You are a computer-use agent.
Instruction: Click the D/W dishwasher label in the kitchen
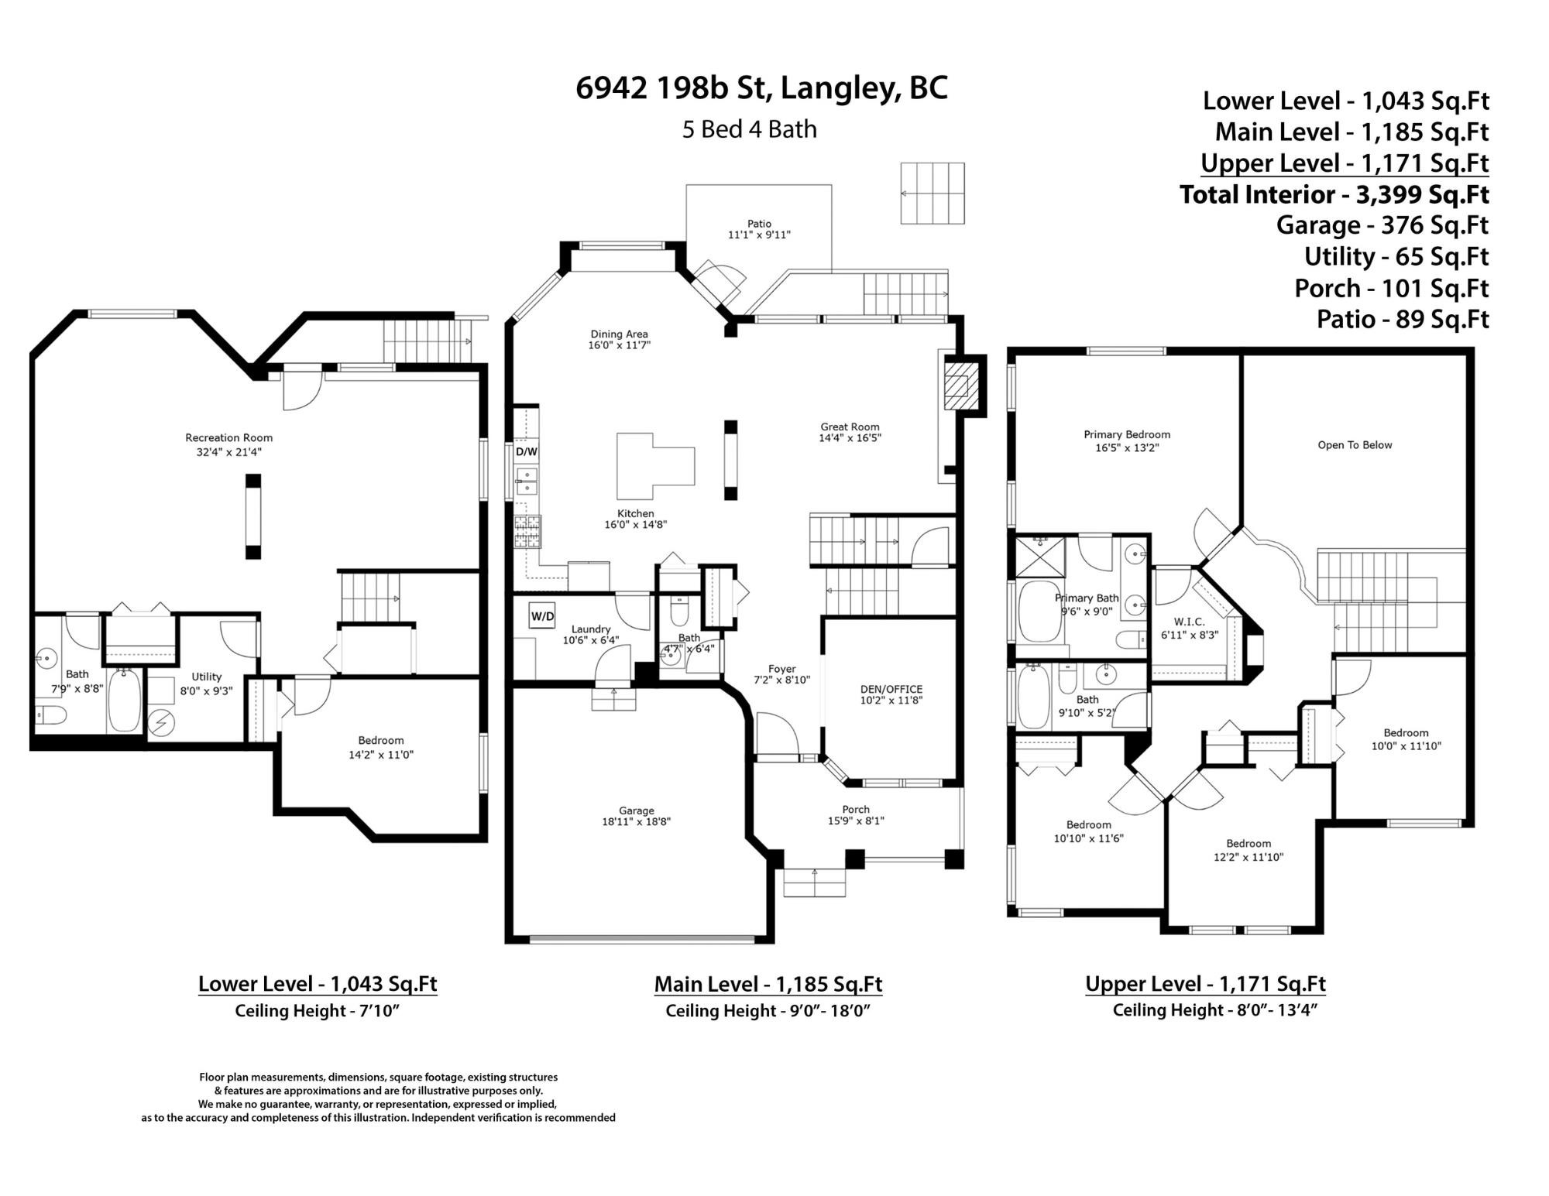tap(527, 451)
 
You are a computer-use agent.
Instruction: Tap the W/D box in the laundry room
tap(542, 616)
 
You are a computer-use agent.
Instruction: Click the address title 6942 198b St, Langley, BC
tap(761, 88)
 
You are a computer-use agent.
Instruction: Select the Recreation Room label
tap(228, 437)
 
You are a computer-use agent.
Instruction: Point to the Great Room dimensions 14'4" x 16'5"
tap(850, 438)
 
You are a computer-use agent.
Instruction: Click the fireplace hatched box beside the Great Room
tap(960, 385)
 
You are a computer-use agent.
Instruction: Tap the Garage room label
tap(636, 810)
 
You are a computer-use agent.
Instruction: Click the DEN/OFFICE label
tap(891, 689)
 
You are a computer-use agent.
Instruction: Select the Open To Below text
tap(1355, 445)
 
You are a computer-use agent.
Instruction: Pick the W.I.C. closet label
tap(1189, 622)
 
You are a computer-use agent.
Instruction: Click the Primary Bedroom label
tap(1127, 434)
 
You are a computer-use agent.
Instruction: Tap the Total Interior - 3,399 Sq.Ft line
tap(1334, 194)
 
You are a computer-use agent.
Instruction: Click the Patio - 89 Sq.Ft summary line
tap(1403, 319)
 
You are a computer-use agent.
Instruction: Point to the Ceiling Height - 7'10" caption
tap(317, 1010)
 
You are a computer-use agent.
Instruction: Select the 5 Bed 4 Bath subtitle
tap(749, 129)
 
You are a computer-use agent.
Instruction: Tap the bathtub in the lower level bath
tap(124, 701)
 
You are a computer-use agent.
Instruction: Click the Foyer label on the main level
tap(781, 669)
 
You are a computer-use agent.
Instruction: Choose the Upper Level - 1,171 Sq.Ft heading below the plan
tap(1205, 984)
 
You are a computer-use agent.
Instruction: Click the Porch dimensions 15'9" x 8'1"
tap(856, 821)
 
